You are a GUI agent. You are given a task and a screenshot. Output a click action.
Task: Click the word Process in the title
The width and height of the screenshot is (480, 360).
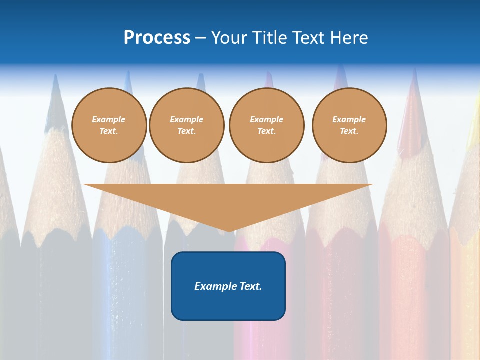(157, 38)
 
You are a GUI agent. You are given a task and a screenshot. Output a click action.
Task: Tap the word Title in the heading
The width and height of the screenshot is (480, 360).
(270, 38)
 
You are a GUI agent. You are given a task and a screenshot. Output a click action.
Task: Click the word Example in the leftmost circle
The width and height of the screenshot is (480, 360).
(109, 119)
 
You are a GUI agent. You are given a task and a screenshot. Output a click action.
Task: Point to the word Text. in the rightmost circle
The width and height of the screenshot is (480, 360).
(349, 131)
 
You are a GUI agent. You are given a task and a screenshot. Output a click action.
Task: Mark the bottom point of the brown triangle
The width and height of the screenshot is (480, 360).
(228, 230)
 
